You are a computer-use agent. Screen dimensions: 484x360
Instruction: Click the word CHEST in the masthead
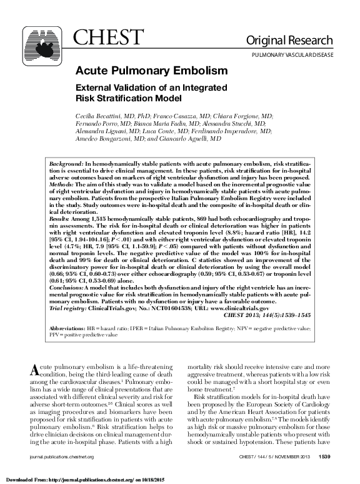pos(102,39)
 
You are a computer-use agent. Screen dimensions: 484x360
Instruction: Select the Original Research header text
pos(297,41)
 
